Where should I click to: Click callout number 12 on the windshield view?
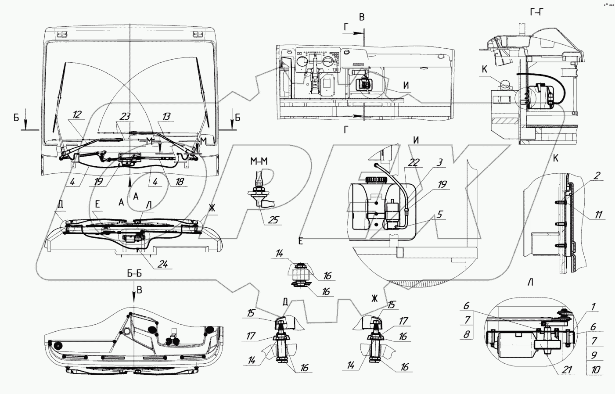point(77,115)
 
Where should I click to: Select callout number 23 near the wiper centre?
point(125,117)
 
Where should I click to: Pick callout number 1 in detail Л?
point(593,308)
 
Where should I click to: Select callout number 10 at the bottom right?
point(596,370)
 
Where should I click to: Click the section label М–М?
point(257,162)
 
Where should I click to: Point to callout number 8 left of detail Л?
point(466,334)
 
